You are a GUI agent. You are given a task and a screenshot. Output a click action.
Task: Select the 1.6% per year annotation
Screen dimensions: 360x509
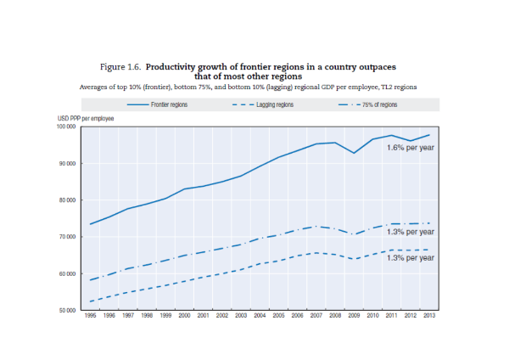click(x=411, y=148)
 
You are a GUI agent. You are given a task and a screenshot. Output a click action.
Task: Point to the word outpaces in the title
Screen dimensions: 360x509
click(x=374, y=65)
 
